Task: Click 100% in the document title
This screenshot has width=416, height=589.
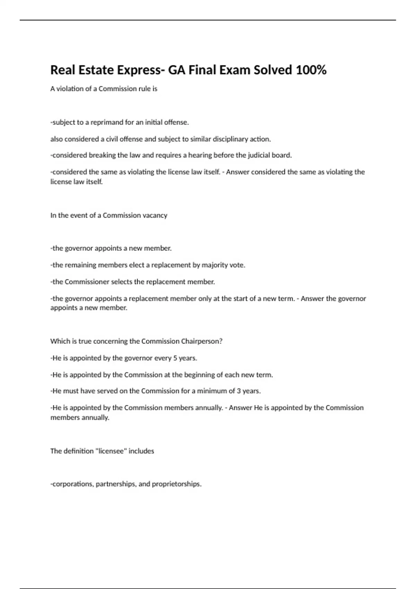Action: point(311,70)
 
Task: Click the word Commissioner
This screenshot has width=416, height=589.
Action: point(87,282)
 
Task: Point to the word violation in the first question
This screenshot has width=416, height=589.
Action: point(69,89)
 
